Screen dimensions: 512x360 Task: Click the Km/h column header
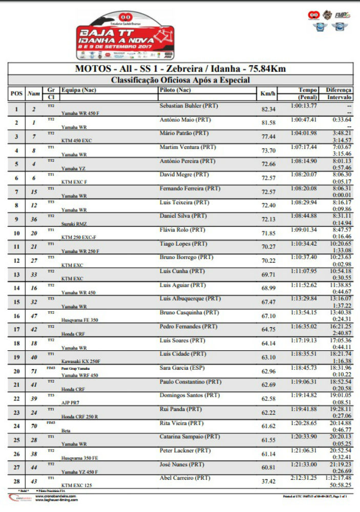(x=268, y=94)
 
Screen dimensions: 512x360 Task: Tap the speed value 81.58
(x=268, y=123)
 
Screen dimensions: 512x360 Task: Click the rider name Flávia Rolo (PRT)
(x=183, y=230)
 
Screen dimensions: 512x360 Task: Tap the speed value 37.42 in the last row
(x=268, y=482)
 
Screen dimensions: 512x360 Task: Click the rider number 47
(x=34, y=316)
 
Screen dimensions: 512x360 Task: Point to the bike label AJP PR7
(x=71, y=403)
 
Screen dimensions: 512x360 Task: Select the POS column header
(x=16, y=94)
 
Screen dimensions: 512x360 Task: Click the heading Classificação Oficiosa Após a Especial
(x=180, y=80)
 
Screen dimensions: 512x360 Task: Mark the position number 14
(x=16, y=289)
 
